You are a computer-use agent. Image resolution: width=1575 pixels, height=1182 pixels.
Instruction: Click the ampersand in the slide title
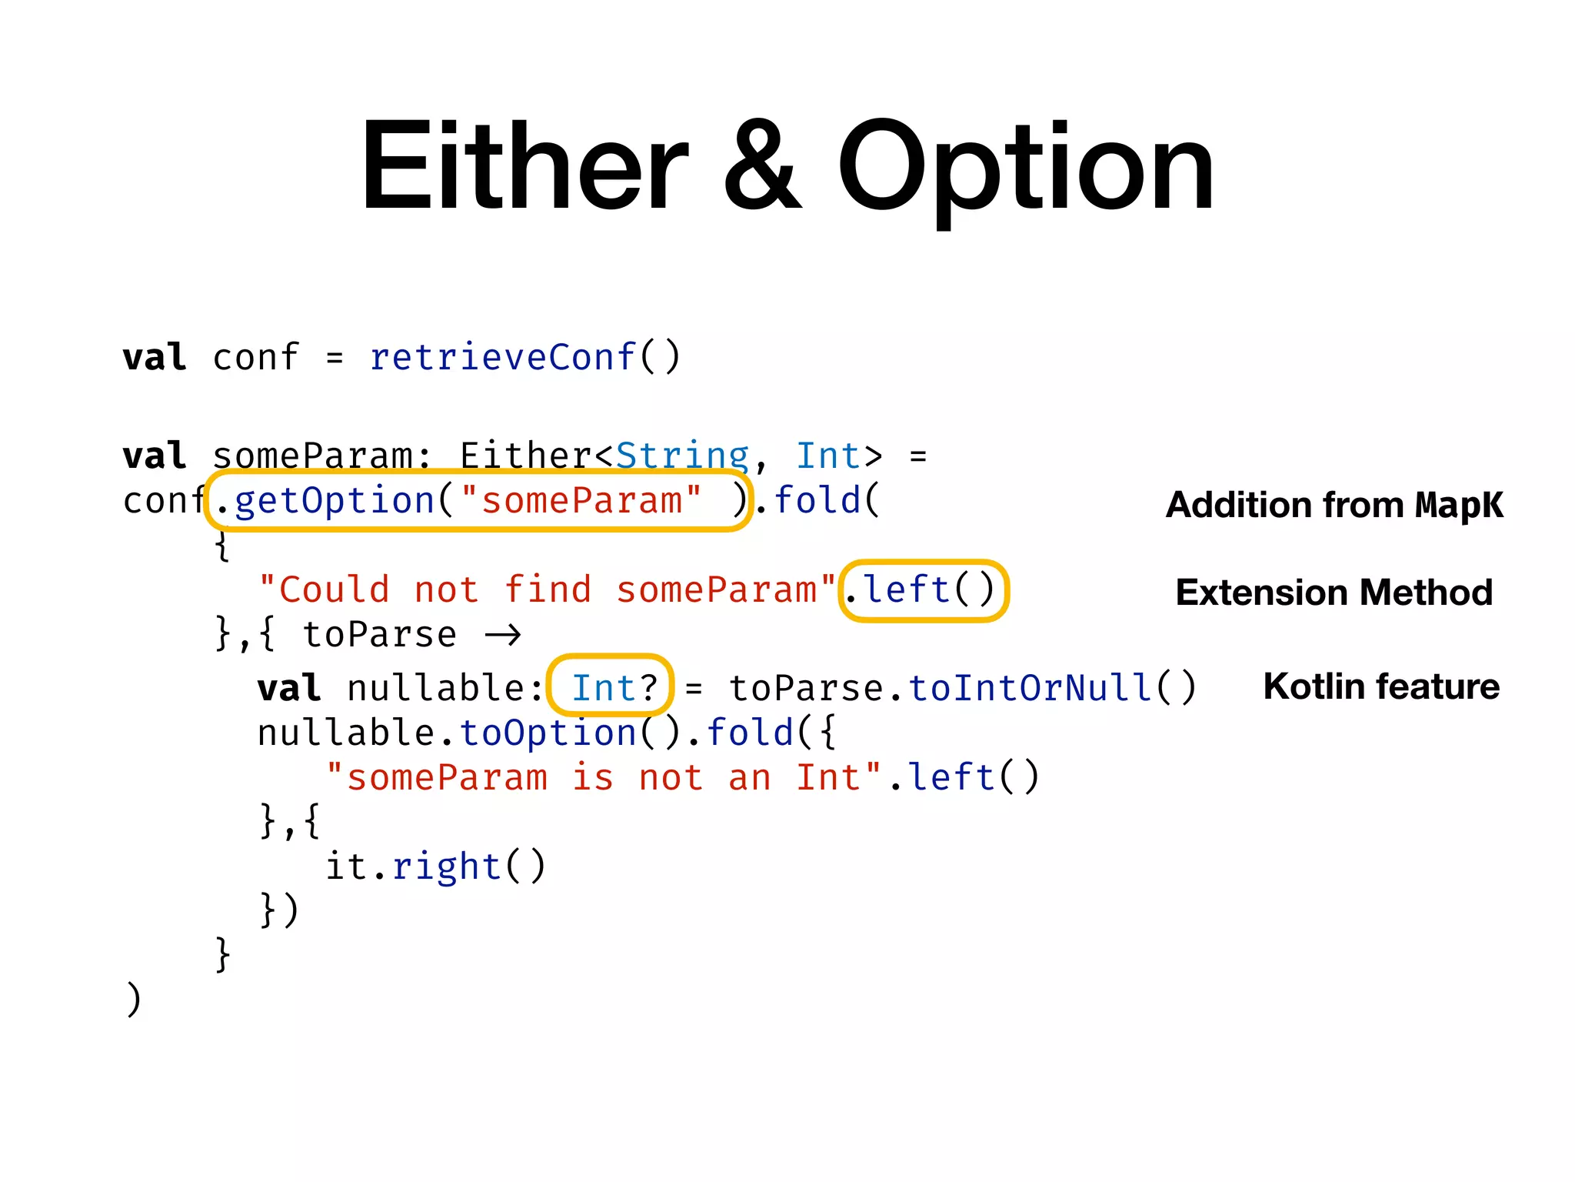762,165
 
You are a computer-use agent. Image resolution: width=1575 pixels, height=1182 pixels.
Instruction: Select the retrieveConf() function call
525,357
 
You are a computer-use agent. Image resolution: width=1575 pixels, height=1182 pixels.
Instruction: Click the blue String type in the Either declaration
682,456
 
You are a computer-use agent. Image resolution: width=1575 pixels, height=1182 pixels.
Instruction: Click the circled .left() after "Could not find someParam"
922,590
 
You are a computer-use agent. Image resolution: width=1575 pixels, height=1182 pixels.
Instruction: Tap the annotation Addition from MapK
1334,505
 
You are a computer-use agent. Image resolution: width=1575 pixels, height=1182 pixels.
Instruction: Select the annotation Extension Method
1334,593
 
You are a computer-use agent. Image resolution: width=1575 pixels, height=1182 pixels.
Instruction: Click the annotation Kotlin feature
1381,686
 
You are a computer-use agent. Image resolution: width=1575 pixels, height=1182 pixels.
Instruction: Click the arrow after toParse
503,635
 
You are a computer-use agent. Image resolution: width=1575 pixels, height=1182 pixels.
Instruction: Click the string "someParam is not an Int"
604,777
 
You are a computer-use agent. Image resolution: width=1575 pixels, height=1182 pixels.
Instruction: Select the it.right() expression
435,866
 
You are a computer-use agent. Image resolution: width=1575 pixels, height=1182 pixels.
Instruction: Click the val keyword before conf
155,357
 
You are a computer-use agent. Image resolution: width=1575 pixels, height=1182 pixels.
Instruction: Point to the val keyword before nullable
289,688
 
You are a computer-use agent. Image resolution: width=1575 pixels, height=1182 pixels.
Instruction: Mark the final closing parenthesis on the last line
134,999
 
